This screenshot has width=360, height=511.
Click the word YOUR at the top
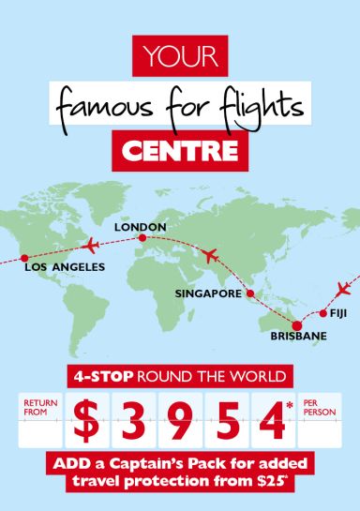[x=181, y=56]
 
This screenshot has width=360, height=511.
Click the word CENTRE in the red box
[x=180, y=148]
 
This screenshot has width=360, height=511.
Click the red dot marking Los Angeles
[x=24, y=258]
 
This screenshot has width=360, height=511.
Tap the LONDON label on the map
[x=140, y=227]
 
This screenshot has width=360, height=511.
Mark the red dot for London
[x=142, y=238]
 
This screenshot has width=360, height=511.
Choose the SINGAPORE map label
[x=207, y=293]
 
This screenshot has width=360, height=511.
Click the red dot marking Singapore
[x=250, y=293]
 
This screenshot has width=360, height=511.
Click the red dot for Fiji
[x=322, y=313]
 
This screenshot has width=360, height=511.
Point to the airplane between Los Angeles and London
[x=90, y=246]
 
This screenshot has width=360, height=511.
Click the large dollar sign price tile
[x=87, y=422]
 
